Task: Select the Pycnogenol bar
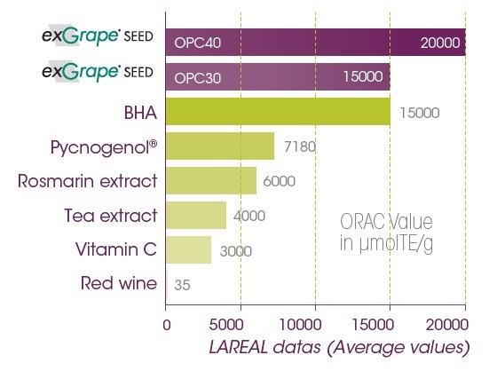pos(220,146)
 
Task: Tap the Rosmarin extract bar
pos(211,180)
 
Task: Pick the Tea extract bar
pos(196,215)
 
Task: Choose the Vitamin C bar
pos(188,249)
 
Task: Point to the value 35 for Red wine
pos(182,285)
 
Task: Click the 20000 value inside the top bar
pos(439,43)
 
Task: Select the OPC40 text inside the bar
pos(200,43)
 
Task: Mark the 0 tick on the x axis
pos(167,325)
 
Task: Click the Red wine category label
pos(118,284)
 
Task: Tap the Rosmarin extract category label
pos(87,181)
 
